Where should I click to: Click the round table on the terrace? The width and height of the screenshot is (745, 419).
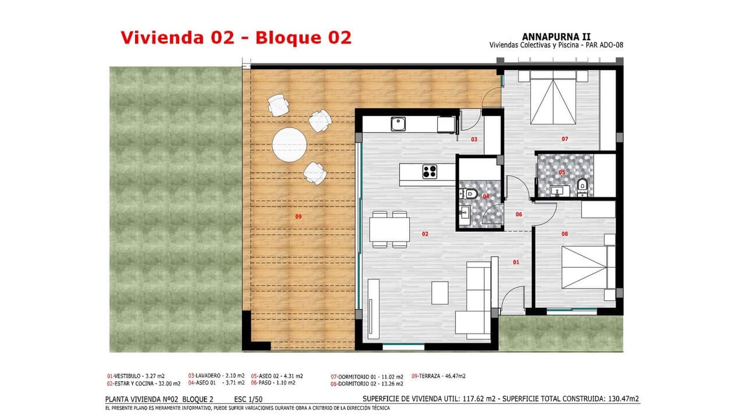tap(289, 144)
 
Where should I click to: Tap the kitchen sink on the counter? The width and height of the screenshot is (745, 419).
tap(398, 124)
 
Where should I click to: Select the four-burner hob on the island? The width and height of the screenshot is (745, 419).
tap(430, 172)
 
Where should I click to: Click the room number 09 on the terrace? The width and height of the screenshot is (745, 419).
tap(298, 216)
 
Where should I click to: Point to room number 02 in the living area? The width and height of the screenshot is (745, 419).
tap(425, 234)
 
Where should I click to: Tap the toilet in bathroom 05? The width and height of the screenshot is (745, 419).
tap(581, 186)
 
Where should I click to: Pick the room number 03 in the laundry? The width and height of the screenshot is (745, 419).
tap(474, 140)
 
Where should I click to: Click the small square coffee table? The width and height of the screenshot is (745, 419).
tap(439, 293)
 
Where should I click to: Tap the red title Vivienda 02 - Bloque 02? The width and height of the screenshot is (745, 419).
tap(236, 37)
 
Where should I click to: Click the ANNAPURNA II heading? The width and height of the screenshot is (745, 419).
tap(556, 36)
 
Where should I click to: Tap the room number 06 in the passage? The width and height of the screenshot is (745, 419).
tap(519, 215)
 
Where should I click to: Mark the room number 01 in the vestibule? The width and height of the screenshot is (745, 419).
tap(516, 262)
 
